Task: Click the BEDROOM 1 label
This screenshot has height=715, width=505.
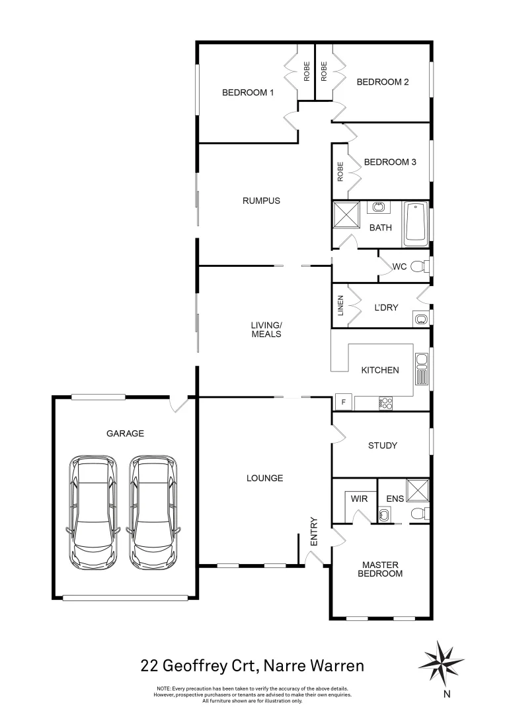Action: [x=247, y=93]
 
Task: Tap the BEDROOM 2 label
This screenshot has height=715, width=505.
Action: [x=383, y=82]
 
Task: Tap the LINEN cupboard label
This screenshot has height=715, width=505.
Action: [x=341, y=305]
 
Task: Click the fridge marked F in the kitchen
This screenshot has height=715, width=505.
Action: [x=343, y=403]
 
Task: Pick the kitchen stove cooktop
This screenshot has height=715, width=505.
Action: [x=386, y=402]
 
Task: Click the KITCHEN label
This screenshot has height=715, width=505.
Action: [x=379, y=370]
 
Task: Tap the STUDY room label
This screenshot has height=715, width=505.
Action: [x=382, y=446]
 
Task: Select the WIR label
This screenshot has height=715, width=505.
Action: [x=359, y=497]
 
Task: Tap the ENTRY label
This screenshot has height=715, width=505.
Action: [x=314, y=531]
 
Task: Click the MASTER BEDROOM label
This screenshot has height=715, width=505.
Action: [x=380, y=569]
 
